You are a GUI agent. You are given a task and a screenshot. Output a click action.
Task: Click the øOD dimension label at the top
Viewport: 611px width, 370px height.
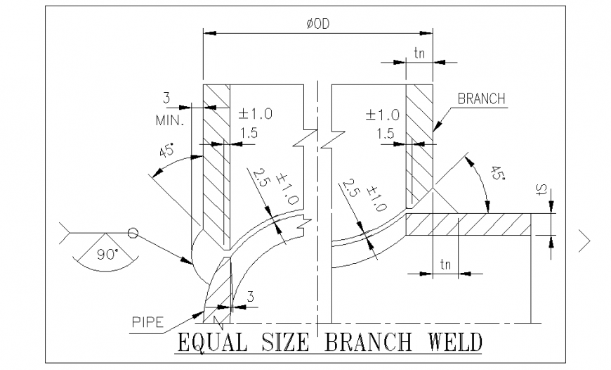[317, 23]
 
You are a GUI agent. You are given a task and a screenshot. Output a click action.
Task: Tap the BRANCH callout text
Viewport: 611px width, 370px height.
[481, 99]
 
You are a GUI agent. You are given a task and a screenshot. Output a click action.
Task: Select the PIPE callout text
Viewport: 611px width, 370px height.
[148, 323]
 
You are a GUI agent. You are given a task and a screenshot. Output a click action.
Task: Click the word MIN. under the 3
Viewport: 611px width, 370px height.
[169, 120]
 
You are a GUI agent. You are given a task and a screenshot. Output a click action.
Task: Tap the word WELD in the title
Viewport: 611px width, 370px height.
[455, 344]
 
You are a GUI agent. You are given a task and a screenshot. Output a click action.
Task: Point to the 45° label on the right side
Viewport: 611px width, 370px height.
[495, 173]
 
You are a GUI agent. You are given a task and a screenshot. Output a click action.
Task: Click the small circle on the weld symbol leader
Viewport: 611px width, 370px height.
[132, 233]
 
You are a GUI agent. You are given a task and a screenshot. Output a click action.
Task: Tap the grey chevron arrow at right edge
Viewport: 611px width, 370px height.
[585, 241]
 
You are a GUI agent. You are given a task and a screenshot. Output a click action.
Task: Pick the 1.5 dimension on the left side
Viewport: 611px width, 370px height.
[247, 133]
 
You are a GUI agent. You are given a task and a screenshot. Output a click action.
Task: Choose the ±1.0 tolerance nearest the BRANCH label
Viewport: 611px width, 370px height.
[383, 114]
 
